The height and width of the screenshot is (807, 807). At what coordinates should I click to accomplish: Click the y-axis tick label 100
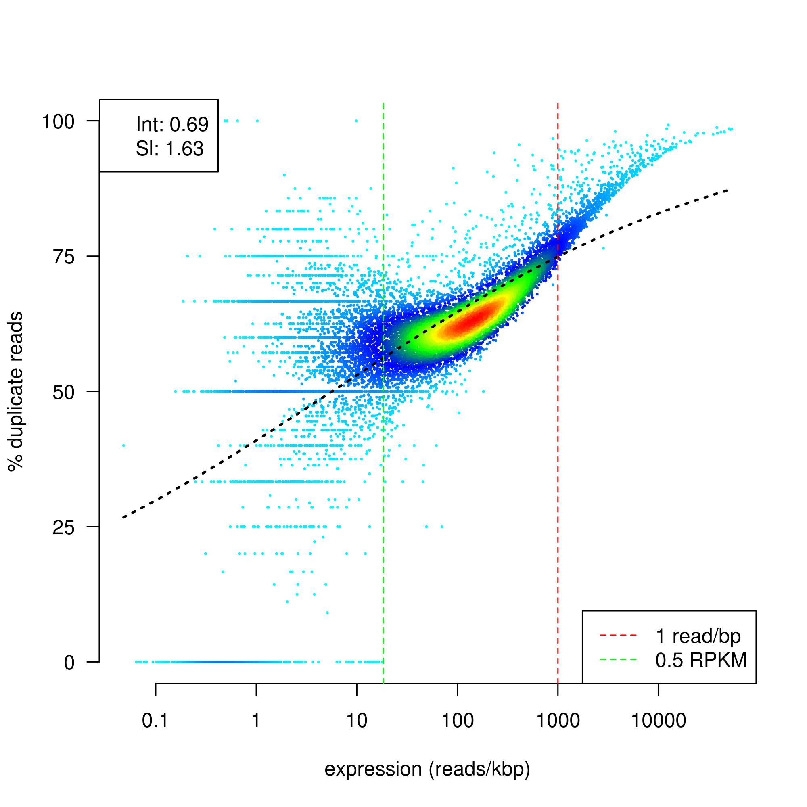coord(58,122)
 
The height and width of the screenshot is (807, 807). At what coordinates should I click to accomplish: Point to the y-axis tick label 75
coord(63,257)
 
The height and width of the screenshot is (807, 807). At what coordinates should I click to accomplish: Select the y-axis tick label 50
coord(63,392)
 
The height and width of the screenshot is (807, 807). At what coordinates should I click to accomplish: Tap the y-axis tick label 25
coord(63,527)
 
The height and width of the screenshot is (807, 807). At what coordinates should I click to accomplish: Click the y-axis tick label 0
coord(69,663)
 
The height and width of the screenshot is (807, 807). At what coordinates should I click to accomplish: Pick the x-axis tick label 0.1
coord(155,721)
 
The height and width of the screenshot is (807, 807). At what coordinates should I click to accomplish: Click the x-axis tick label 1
coord(256,721)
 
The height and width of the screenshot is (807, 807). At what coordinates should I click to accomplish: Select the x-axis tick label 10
coord(357,721)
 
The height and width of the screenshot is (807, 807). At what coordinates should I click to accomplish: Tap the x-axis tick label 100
coord(458,721)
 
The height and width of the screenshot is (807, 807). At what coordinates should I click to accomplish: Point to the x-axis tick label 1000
coord(558,721)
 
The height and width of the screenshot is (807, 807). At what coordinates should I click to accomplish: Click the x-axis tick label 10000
coord(658,721)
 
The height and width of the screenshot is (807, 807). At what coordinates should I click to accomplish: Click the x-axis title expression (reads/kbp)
coord(427,769)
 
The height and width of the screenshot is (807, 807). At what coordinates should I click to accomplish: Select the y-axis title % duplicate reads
coord(16,392)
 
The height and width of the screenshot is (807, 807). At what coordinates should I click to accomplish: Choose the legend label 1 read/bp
coord(698,636)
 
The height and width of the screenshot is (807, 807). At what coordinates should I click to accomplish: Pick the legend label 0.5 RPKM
coord(701,661)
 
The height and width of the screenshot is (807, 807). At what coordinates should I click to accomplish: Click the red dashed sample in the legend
coord(618,636)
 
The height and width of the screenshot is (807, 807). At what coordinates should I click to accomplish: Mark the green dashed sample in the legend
coord(618,660)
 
